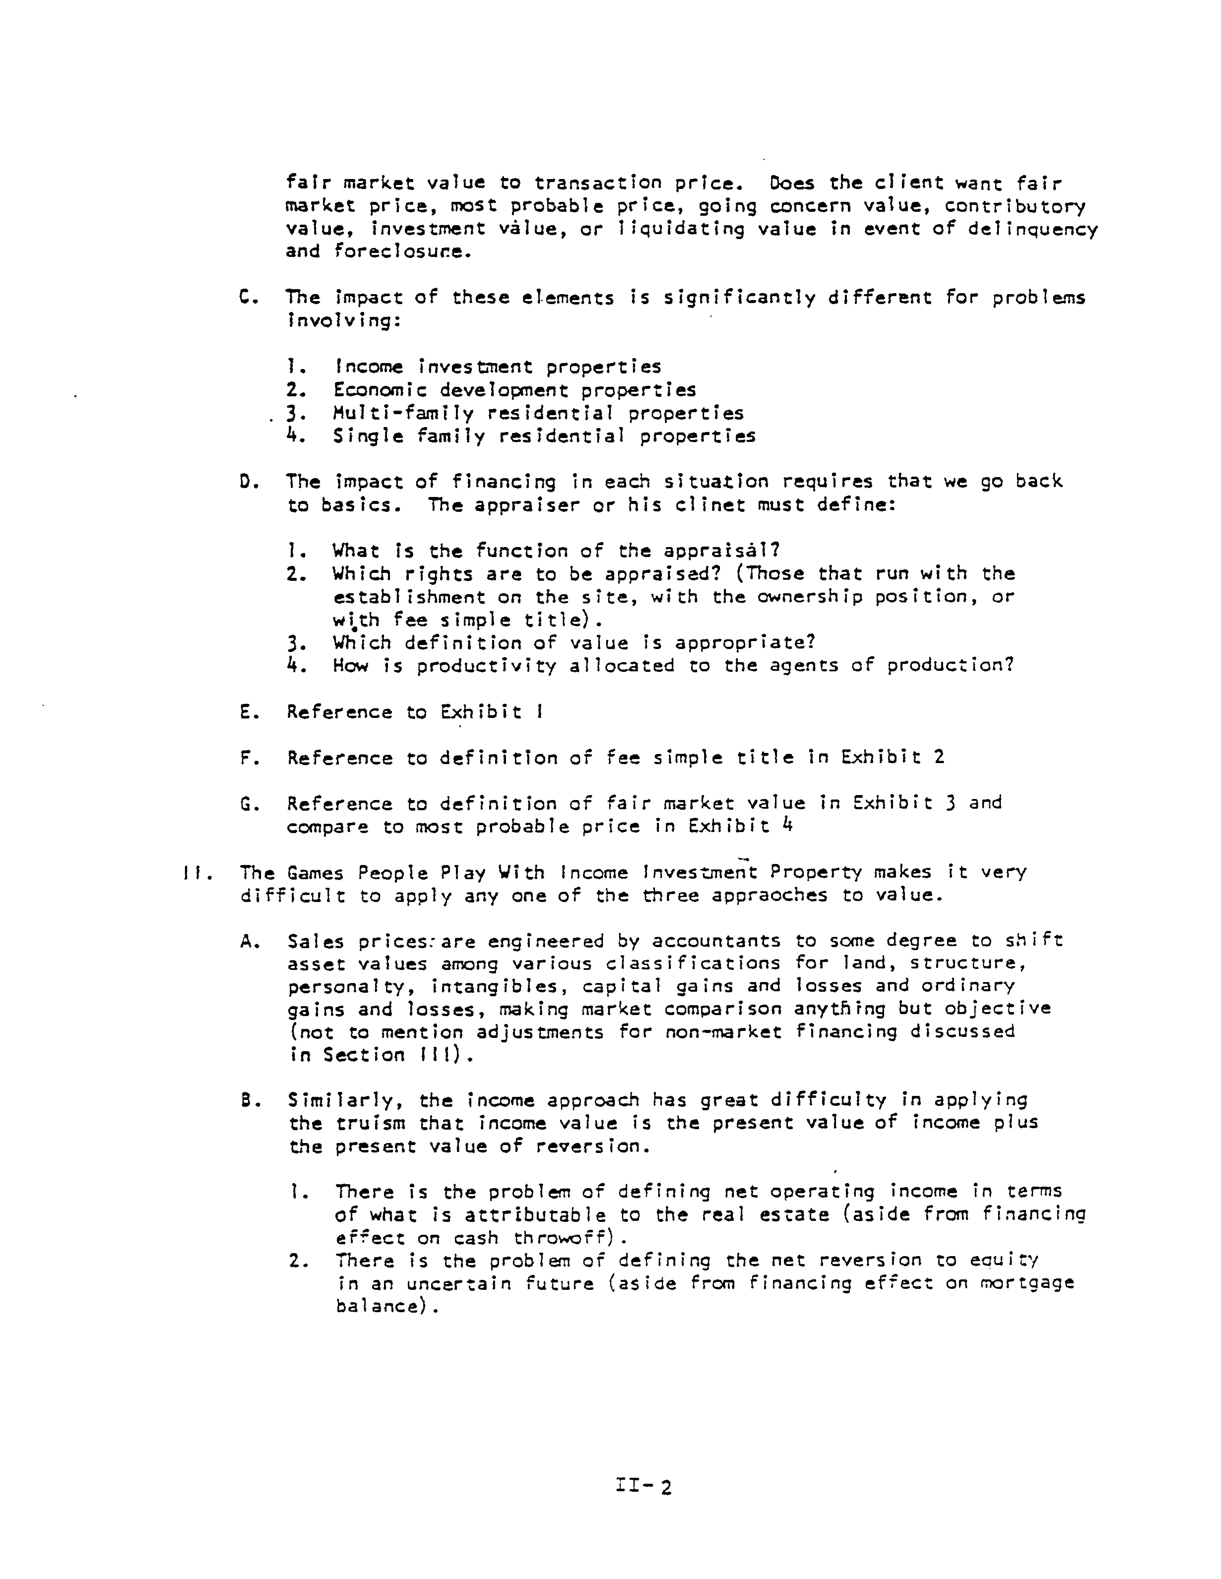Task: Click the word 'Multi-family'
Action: [403, 414]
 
